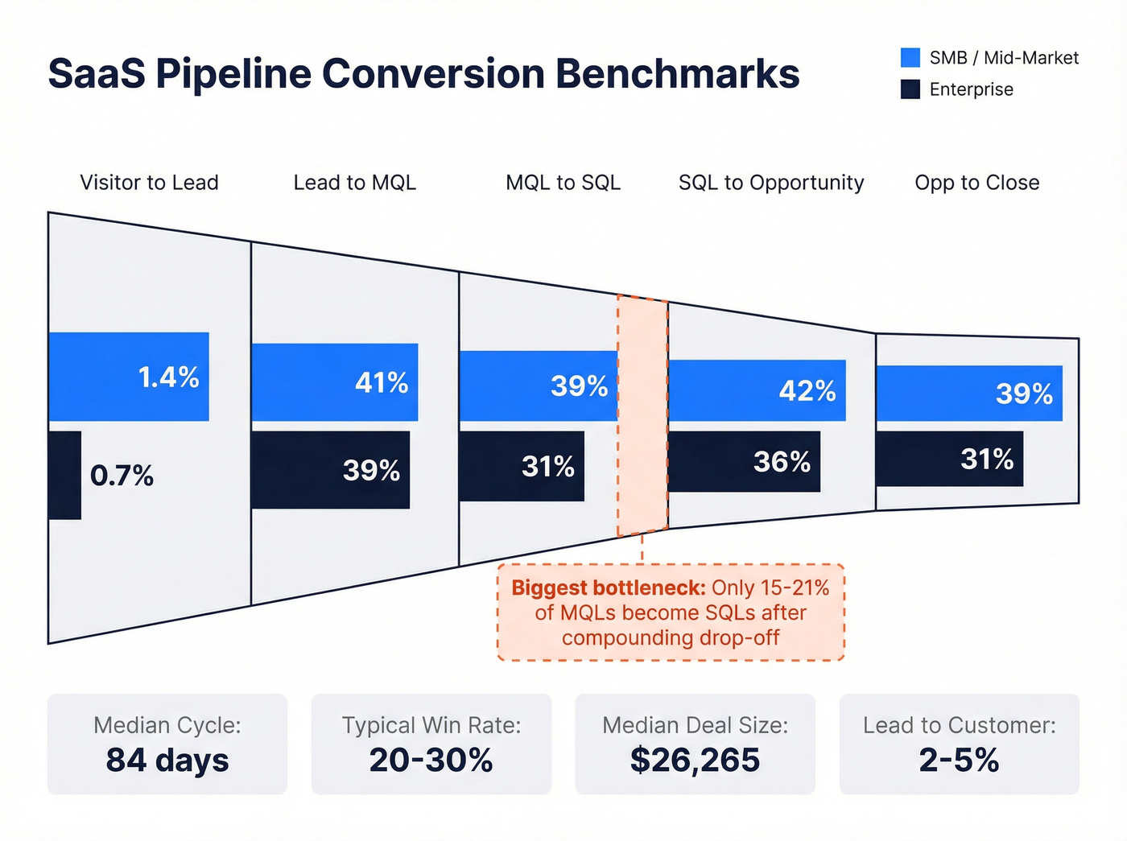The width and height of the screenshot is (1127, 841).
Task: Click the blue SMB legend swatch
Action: point(910,58)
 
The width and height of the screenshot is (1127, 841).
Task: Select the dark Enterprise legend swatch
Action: point(910,89)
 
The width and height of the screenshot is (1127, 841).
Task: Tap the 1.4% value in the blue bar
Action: point(168,377)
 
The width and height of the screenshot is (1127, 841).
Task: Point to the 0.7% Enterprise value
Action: point(122,476)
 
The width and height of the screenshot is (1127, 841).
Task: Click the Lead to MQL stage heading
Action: point(354,183)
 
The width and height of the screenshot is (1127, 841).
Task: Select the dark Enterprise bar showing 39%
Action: point(330,470)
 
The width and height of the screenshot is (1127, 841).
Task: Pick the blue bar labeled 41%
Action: point(334,382)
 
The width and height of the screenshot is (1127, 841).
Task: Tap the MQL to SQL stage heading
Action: point(563,183)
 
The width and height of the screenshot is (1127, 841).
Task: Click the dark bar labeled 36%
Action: point(744,462)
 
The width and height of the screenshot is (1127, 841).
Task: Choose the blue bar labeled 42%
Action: point(757,390)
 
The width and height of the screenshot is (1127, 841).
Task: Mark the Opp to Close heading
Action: point(976,183)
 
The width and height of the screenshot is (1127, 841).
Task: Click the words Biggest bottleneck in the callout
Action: point(608,587)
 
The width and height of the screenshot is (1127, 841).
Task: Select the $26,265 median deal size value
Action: point(695,760)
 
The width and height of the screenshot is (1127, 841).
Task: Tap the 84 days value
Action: point(167,760)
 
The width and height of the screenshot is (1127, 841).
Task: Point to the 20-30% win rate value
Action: point(431,760)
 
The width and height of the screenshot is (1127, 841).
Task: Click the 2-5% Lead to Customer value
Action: point(959,760)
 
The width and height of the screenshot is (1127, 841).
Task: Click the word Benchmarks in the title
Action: point(677,73)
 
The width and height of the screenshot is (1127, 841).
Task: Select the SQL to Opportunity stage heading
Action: point(770,183)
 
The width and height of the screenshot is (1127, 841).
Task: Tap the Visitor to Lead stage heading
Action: point(149,183)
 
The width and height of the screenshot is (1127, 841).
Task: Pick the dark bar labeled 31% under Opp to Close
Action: point(949,459)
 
